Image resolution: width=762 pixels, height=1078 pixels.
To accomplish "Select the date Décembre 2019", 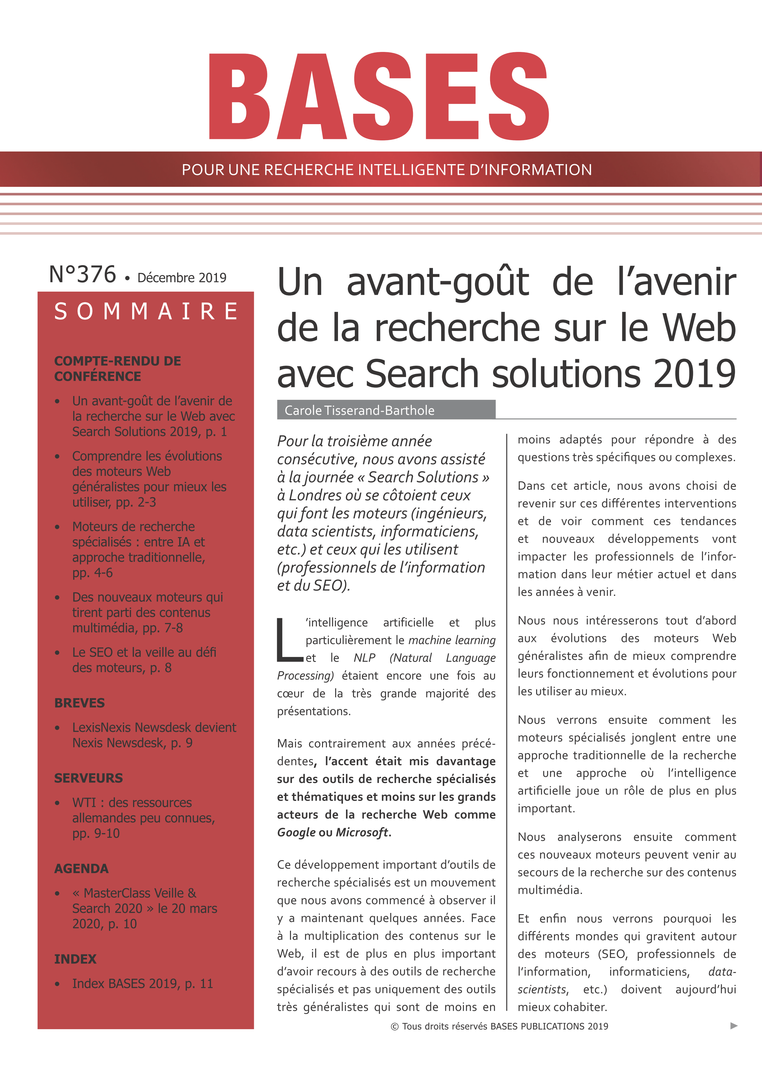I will tap(182, 278).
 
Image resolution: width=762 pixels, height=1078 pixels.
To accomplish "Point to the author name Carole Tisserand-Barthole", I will tap(359, 410).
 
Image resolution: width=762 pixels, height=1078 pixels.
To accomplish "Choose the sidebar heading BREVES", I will tap(79, 703).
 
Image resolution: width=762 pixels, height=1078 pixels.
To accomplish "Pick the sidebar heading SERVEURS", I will tap(88, 778).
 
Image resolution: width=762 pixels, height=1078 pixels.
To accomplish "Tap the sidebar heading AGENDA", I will tap(81, 869).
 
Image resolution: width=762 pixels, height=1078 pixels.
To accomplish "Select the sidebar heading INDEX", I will tap(75, 959).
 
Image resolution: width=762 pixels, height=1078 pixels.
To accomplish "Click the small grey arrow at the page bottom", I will tap(734, 1026).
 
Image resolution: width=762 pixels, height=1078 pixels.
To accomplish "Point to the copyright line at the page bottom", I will tap(499, 1026).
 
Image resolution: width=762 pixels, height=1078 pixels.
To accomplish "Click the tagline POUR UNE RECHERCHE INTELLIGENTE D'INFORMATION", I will tap(387, 170).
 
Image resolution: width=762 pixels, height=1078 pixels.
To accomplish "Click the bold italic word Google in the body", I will tap(296, 832).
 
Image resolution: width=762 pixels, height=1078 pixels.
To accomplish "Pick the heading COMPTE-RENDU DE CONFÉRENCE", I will tap(117, 368).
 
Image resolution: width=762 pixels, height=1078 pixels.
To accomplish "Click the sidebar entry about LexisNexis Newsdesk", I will tap(154, 735).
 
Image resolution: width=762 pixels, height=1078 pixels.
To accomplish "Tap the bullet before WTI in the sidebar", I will tap(57, 803).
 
